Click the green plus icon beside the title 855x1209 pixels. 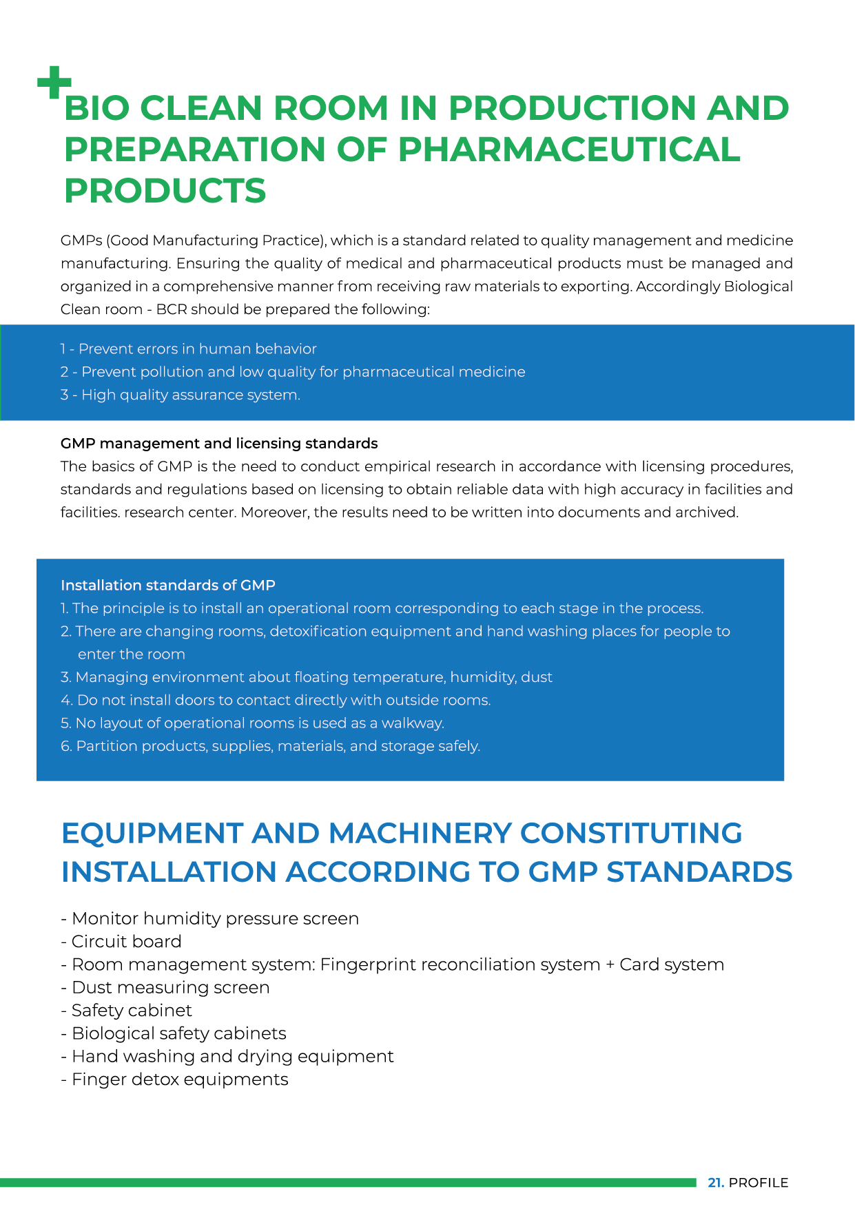[54, 83]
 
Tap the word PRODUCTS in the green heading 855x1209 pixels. [165, 191]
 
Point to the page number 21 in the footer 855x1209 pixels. [715, 1183]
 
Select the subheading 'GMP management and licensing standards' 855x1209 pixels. [219, 444]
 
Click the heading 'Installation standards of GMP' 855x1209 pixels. [168, 586]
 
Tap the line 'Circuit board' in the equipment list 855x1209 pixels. [122, 942]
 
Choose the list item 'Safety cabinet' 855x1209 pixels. [127, 1011]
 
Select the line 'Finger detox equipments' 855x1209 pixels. [175, 1079]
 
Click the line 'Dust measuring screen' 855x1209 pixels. [165, 988]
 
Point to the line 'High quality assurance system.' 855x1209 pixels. [181, 395]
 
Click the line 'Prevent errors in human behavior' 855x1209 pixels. [189, 349]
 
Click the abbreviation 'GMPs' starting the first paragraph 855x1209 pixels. [81, 241]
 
